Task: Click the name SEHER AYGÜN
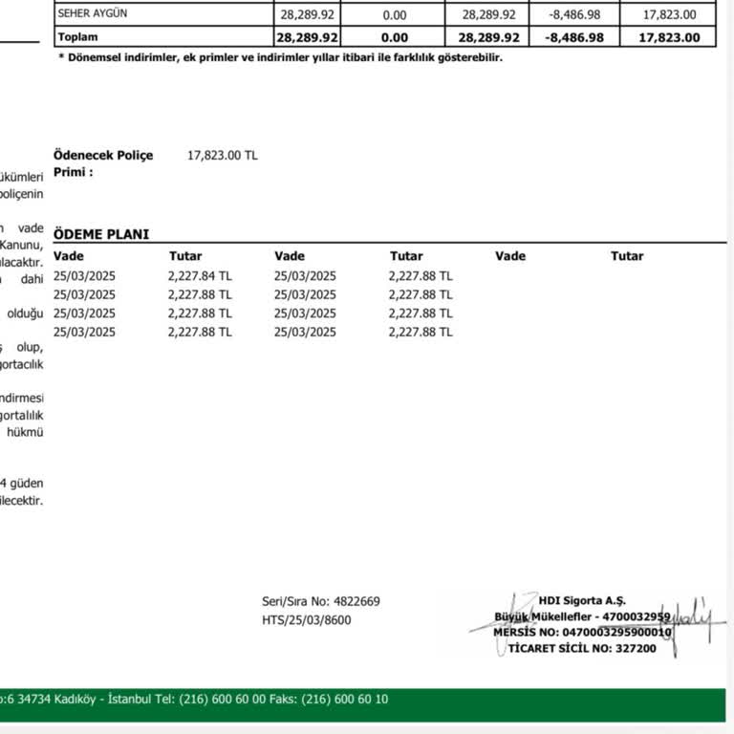[x=93, y=14]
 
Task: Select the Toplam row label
[x=78, y=37]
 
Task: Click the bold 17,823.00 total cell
[x=669, y=37]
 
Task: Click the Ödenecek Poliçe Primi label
[x=103, y=163]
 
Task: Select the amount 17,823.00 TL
[x=222, y=155]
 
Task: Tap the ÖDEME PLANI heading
[x=101, y=234]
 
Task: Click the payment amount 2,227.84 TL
[x=200, y=275]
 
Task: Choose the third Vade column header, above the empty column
[x=510, y=256]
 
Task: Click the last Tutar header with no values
[x=627, y=256]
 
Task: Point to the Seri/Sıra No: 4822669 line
[x=321, y=601]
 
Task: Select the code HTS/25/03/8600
[x=306, y=619]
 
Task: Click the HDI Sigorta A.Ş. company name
[x=581, y=600]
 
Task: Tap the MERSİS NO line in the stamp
[x=583, y=632]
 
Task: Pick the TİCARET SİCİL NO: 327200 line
[x=582, y=648]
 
